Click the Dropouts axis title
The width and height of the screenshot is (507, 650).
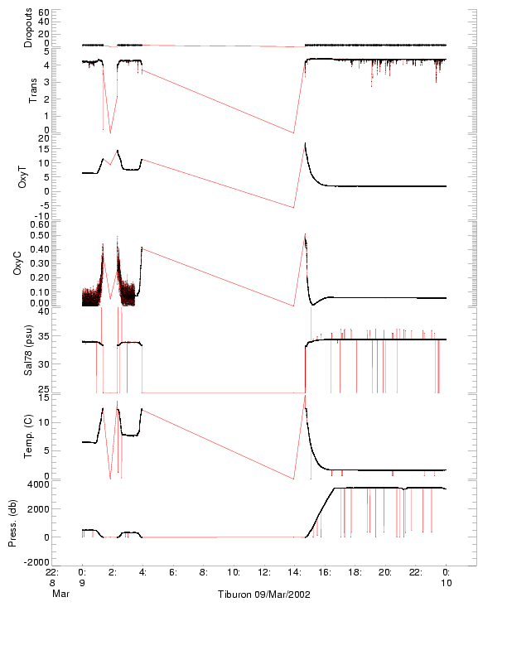click(x=28, y=28)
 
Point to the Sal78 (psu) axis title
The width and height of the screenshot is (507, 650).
click(x=28, y=352)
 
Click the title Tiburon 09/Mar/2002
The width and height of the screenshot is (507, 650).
click(x=265, y=595)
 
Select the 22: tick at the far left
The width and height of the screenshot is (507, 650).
click(x=51, y=571)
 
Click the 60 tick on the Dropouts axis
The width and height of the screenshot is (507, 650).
click(x=43, y=13)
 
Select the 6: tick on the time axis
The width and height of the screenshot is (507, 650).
click(x=173, y=571)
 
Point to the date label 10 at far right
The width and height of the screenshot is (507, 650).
click(x=446, y=583)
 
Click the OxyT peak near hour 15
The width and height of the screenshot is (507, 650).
click(x=306, y=143)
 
